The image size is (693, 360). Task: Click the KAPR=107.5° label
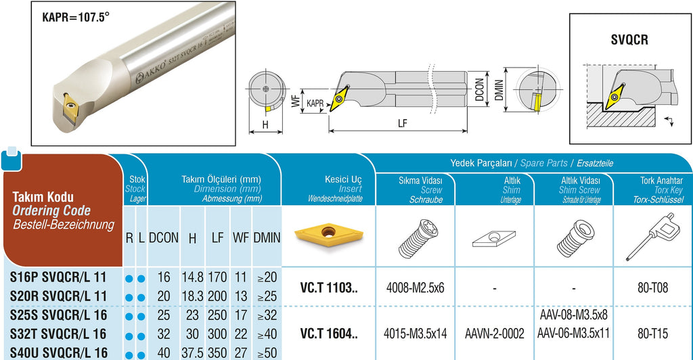(76, 18)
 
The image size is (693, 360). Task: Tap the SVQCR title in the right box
(629, 40)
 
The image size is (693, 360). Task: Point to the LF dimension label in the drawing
(402, 123)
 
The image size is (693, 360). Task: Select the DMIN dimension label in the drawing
(499, 90)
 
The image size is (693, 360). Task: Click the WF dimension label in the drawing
(296, 101)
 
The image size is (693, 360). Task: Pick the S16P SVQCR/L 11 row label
(58, 277)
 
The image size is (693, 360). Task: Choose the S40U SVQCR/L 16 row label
(59, 353)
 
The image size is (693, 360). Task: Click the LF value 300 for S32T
(217, 334)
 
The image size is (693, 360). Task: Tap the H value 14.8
(192, 277)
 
